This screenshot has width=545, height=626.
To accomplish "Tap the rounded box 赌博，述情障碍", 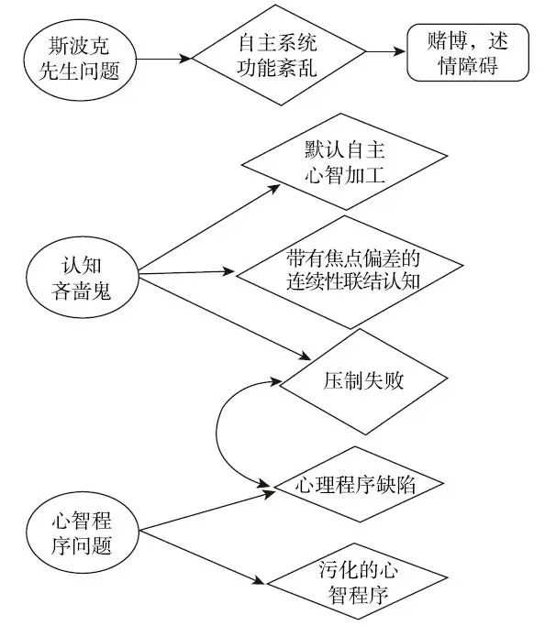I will pyautogui.click(x=468, y=56).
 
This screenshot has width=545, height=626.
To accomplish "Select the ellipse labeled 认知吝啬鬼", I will pyautogui.click(x=83, y=272).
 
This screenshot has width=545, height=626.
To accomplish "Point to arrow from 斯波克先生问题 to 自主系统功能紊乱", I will pyautogui.click(x=164, y=58).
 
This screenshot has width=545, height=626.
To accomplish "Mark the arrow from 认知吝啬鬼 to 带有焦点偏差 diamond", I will pyautogui.click(x=184, y=271).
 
